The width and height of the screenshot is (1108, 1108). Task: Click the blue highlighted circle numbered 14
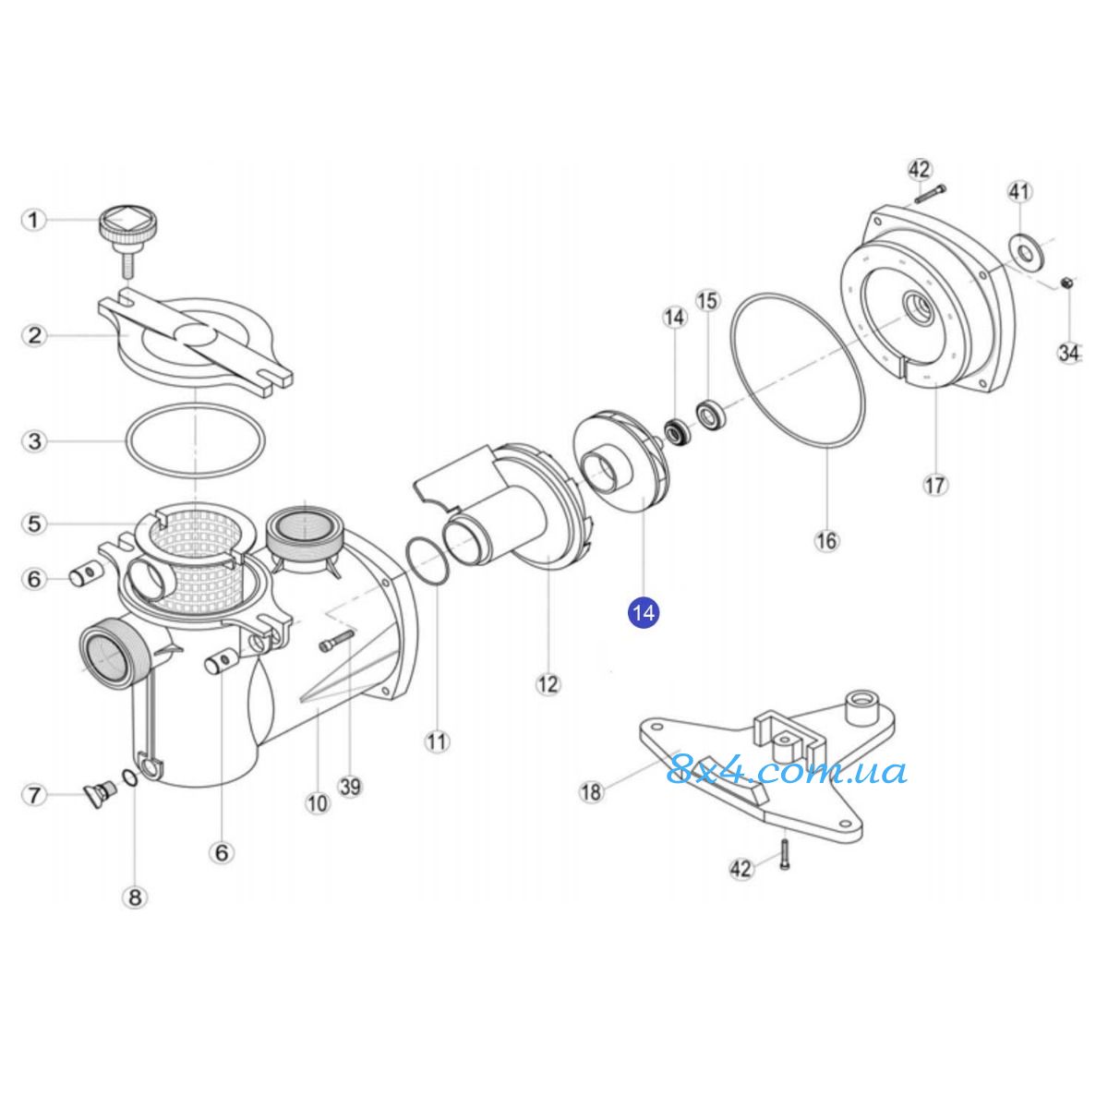point(644,613)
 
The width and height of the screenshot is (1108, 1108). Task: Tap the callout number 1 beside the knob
point(34,219)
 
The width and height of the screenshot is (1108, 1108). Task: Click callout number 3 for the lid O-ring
point(34,441)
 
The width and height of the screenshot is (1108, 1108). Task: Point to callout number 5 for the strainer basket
point(34,524)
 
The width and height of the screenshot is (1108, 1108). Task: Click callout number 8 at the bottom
point(135,897)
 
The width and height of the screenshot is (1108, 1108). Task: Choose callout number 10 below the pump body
point(317,802)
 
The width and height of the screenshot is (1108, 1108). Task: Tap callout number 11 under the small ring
point(437,741)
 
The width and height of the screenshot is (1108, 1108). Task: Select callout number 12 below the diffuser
point(548,683)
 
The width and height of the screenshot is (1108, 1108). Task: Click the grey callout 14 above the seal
point(675,317)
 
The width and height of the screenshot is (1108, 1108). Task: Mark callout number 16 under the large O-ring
point(826,540)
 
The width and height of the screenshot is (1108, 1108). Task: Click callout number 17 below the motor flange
point(934,485)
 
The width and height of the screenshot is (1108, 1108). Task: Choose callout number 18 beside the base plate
point(592,791)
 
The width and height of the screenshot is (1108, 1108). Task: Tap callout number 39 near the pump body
point(350,786)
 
